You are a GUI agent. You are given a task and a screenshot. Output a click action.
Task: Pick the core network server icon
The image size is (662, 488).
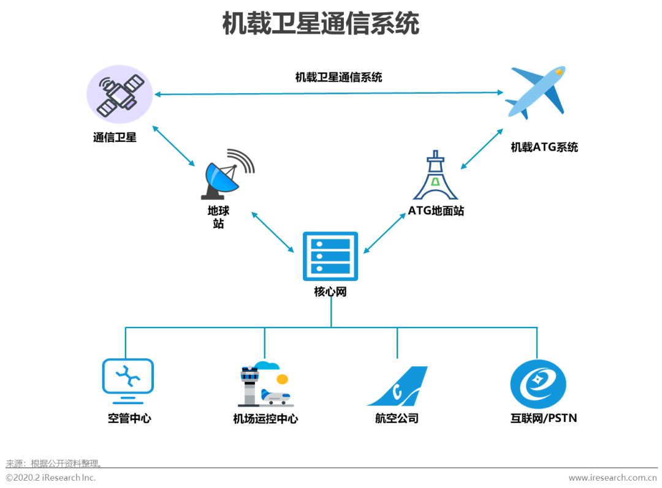click(330, 257)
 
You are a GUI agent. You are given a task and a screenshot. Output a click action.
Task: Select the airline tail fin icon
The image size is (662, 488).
click(398, 386)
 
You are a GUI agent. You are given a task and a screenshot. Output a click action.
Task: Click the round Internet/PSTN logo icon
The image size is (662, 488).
click(538, 384)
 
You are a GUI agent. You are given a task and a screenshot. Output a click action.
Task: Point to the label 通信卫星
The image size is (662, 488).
click(115, 138)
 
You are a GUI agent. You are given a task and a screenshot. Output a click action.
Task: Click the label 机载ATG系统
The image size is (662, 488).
click(544, 147)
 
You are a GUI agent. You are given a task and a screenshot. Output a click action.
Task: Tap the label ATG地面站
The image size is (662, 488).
click(436, 211)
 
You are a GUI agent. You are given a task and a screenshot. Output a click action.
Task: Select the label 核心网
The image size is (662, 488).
click(330, 291)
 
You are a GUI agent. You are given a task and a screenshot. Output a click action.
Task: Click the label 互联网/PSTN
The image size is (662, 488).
click(543, 418)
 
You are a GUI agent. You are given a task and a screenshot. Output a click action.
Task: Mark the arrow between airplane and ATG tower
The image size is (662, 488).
click(482, 148)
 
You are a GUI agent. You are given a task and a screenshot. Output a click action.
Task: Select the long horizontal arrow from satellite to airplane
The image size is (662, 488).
click(329, 93)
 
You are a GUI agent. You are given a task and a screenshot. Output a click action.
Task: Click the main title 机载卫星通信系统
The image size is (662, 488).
click(321, 24)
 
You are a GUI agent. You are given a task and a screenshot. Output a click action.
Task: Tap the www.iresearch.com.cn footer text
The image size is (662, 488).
click(612, 478)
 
